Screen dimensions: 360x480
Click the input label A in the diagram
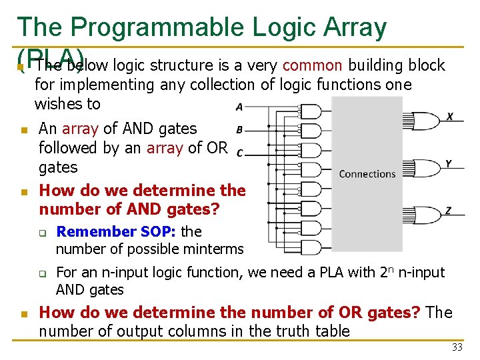239,107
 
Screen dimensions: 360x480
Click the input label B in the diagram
239,129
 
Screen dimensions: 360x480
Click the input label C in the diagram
239,153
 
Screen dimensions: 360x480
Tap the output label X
449,116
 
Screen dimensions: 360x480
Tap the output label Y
449,163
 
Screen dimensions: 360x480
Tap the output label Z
449,211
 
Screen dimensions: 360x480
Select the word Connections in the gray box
367,174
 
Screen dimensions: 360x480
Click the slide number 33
457,347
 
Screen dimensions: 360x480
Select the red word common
313,65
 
